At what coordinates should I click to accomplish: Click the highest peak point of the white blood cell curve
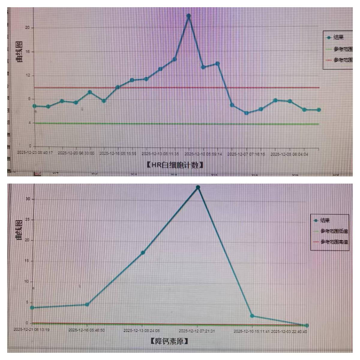tap(188, 16)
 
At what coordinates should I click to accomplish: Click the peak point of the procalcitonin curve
tap(198, 187)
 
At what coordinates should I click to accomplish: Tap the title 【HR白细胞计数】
tap(175, 165)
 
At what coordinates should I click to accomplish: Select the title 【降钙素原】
tap(170, 341)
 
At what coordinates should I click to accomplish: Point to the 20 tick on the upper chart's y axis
tap(27, 28)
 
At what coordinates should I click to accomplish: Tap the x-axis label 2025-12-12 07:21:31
tap(197, 331)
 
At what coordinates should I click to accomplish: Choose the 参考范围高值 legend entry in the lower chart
tap(334, 241)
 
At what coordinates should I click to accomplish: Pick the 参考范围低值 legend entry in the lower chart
tap(334, 231)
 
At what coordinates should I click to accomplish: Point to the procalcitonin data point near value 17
tap(143, 253)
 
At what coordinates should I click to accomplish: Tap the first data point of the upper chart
tap(34, 106)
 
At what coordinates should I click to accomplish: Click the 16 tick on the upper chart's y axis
tap(27, 52)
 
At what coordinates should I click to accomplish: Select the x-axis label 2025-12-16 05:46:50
tap(87, 330)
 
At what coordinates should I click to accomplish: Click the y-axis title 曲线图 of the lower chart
tap(19, 229)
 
